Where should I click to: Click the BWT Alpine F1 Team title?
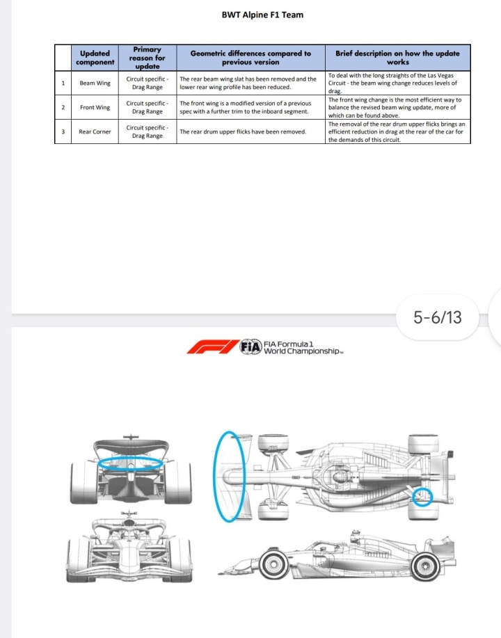pos(262,15)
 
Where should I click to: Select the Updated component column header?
pos(95,58)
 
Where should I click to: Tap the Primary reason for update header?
pos(148,58)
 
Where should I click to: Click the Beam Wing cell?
pos(95,83)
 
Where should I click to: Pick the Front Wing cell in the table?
pos(95,107)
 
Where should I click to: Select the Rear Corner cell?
pos(95,131)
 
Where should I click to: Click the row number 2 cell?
pos(63,107)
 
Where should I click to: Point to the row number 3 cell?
pos(63,131)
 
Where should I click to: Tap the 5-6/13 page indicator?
pos(438,317)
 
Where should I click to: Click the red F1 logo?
pos(213,347)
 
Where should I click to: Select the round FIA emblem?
pos(250,347)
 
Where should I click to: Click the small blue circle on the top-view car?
pos(422,496)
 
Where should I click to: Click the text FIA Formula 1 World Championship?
pos(303,348)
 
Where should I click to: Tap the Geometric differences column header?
pos(250,58)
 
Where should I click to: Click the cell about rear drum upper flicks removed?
pos(250,131)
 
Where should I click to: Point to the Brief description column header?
pos(397,58)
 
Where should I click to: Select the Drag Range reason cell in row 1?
pos(148,83)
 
